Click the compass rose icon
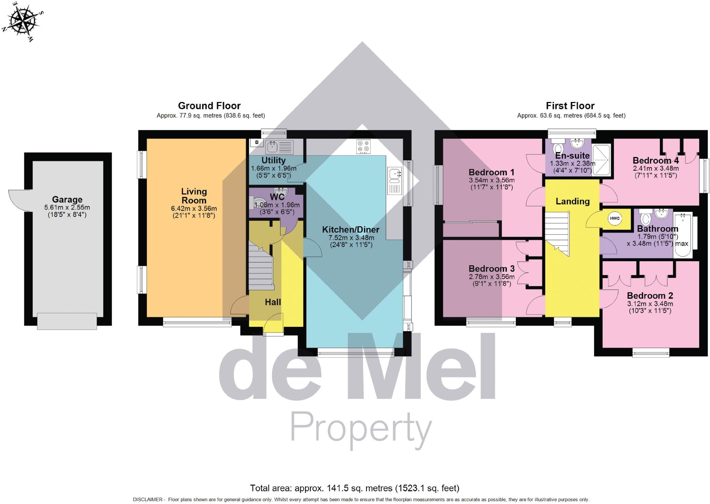coord(23,21)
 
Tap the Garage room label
coord(67,199)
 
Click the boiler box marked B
coord(257,143)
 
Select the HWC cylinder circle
coord(615,219)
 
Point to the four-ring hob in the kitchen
coord(363,146)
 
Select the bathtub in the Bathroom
coord(682,235)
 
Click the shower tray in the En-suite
coord(601,159)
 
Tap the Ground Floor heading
coord(209,106)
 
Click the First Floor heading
coord(570,106)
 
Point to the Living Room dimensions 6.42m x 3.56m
coord(194,209)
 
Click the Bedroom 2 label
coord(650,296)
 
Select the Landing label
coord(572,202)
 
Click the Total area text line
coord(355,488)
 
